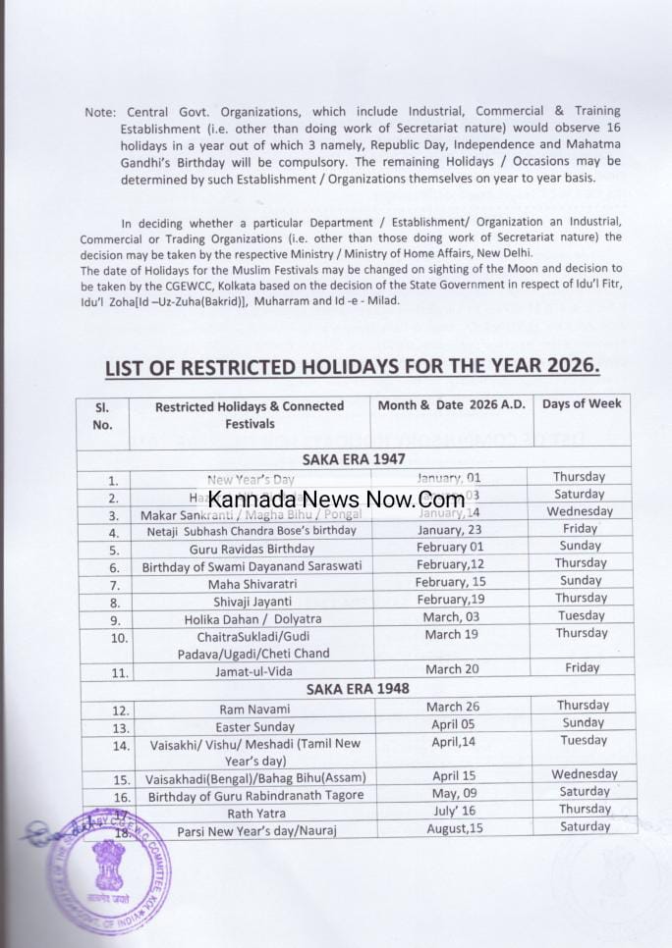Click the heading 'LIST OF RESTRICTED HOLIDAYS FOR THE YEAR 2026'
[x=352, y=367]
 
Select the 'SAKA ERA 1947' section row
[x=355, y=458]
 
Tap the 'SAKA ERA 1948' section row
[x=355, y=689]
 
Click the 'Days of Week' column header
[x=582, y=404]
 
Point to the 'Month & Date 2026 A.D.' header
[x=452, y=405]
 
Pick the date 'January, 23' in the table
[x=453, y=529]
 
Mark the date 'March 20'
[x=453, y=668]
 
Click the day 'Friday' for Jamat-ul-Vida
[x=582, y=667]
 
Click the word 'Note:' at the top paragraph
[x=100, y=112]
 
